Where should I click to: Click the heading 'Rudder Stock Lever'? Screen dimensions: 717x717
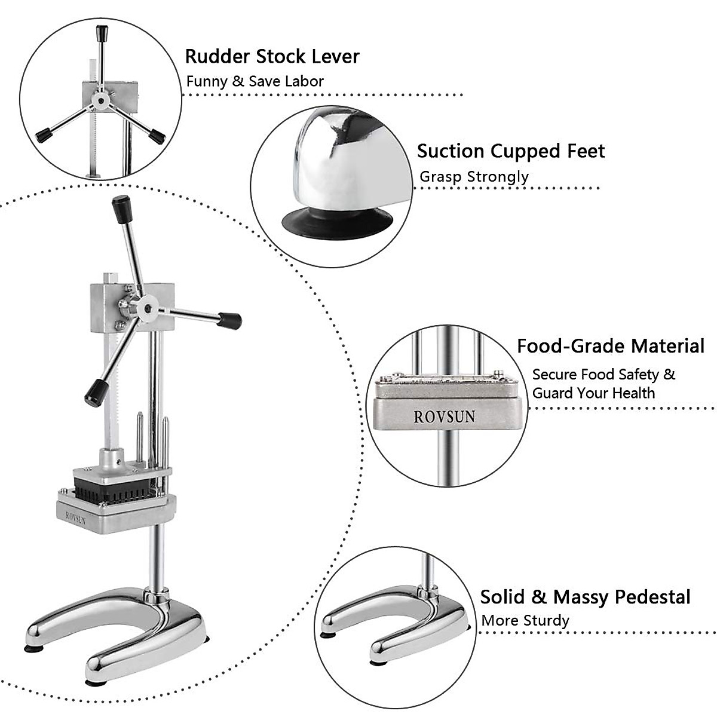272,56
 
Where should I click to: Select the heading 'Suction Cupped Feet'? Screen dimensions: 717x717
511,151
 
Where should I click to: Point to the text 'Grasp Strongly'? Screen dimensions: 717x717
474,176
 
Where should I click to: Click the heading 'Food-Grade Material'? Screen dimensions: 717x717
611,346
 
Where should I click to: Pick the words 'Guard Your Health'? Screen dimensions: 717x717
593,393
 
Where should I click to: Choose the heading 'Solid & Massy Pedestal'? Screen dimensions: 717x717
585,597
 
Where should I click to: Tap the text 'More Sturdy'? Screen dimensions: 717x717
525,620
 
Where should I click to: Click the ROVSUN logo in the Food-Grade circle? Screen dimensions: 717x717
445,416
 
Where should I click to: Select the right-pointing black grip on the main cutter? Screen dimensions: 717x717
229,320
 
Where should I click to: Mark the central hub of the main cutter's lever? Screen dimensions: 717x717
145,308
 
